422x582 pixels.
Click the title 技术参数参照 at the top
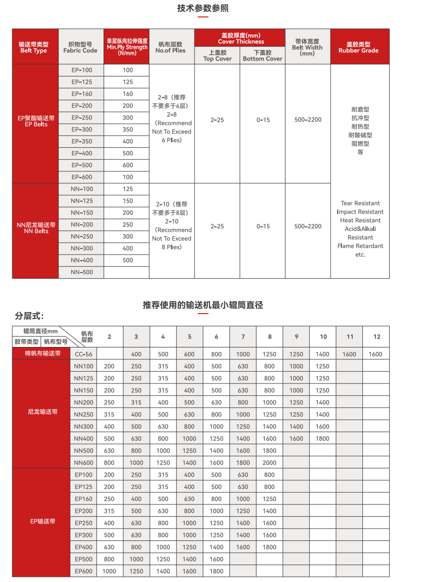(x=203, y=8)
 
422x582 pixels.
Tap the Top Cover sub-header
(x=217, y=55)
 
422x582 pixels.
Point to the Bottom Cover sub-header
(x=262, y=55)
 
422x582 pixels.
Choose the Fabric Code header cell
(x=80, y=47)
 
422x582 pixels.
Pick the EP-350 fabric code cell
(x=82, y=141)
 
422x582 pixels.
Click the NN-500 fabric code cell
(x=82, y=272)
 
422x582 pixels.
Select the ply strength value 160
(x=128, y=94)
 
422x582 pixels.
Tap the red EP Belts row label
(x=36, y=121)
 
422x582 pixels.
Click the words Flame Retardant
(x=360, y=246)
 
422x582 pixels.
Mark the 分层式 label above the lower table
(x=29, y=315)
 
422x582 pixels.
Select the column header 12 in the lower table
(x=377, y=337)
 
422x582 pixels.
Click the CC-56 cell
(x=84, y=354)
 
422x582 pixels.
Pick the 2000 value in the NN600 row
(x=270, y=462)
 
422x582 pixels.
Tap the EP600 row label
(x=84, y=571)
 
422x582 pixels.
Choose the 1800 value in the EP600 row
(x=216, y=571)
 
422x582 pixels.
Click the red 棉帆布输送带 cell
(x=43, y=354)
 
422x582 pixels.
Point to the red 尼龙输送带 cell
(x=43, y=412)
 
